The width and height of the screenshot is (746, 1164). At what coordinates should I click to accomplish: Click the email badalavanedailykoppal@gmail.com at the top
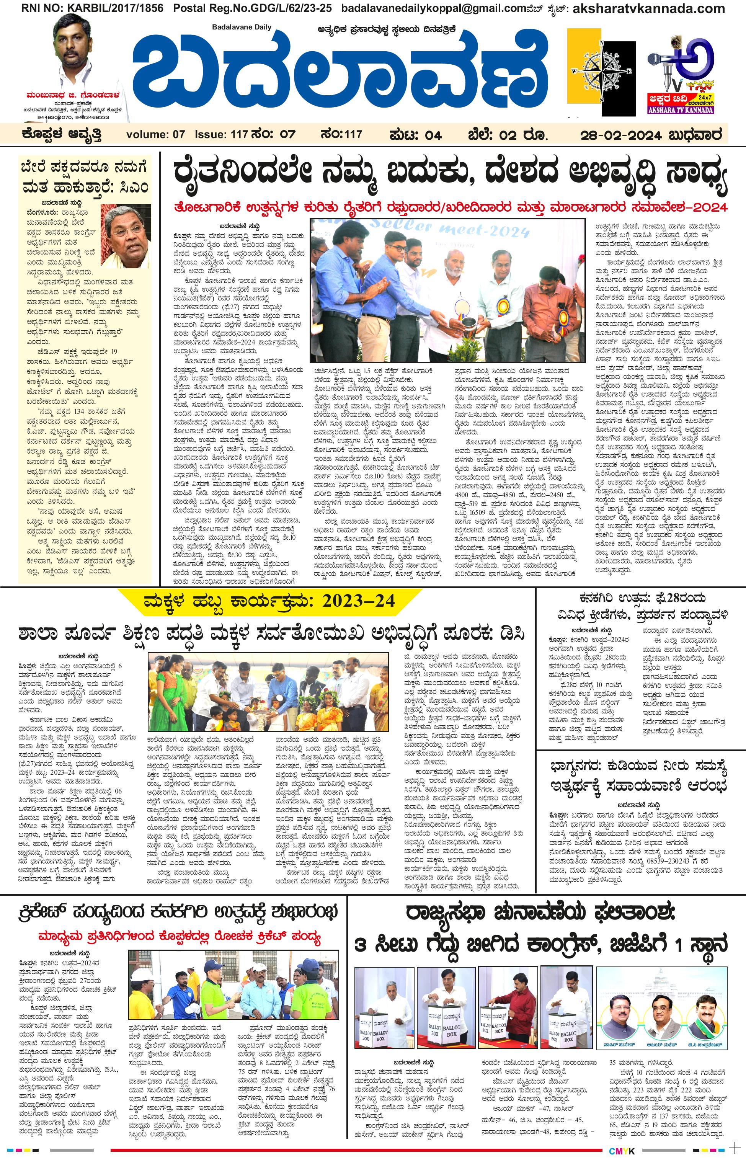(421, 8)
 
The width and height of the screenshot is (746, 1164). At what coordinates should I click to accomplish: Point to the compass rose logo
(602, 70)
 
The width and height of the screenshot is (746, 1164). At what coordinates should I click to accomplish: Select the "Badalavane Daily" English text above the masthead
(242, 27)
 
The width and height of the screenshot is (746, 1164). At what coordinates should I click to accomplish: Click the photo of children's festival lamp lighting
(268, 691)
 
